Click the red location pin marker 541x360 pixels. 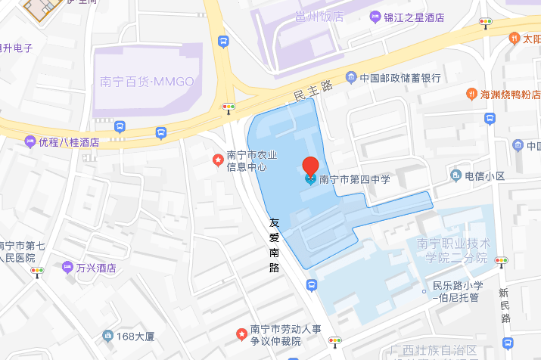point(310,166)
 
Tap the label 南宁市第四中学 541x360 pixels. point(354,179)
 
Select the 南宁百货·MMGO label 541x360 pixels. point(148,81)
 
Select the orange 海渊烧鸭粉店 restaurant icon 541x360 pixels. point(470,95)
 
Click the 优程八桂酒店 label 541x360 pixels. point(69,141)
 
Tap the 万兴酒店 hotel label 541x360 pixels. point(95,268)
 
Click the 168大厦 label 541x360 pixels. point(135,335)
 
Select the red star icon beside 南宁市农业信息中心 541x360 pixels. point(217,160)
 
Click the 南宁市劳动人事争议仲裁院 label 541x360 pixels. point(285,335)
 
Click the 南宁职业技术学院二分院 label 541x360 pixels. point(453,250)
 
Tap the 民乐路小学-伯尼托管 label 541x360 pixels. point(457,291)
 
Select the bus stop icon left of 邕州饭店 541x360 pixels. point(222,42)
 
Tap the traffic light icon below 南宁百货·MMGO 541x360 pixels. point(228,107)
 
